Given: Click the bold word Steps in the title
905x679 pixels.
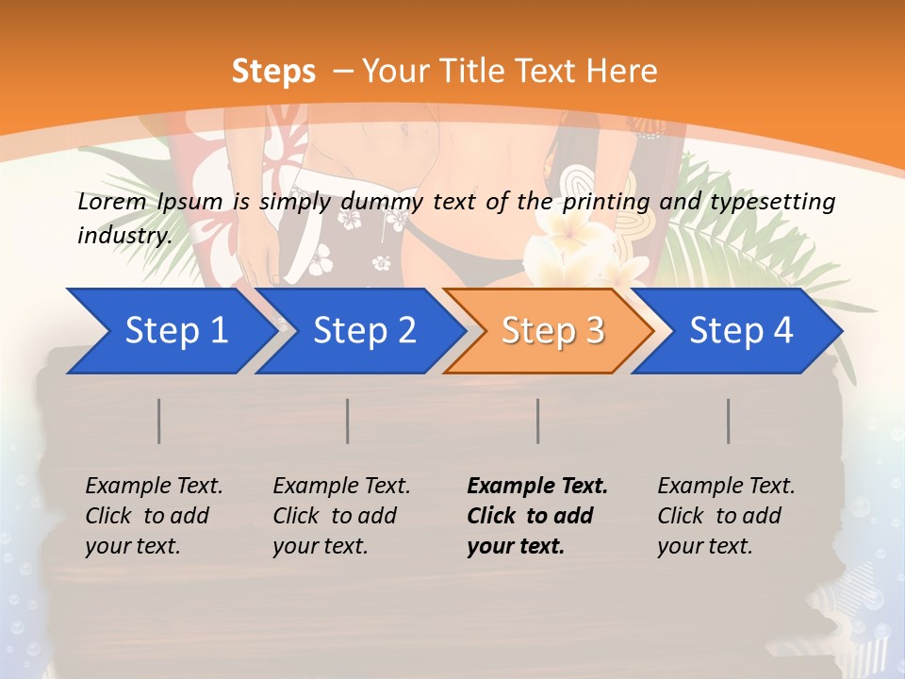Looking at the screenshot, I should point(273,71).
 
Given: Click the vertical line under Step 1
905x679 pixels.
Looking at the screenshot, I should point(159,421).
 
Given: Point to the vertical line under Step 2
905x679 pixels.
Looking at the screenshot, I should point(348,421).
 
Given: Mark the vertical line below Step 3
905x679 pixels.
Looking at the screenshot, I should point(538,421).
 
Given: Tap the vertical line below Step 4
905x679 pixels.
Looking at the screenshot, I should point(729,421).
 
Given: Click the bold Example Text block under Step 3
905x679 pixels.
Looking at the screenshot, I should point(537,516).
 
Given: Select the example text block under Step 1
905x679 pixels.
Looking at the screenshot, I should point(154,516).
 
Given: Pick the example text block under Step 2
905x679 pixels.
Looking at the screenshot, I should point(341,516).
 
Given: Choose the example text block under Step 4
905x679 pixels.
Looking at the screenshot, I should point(726,516).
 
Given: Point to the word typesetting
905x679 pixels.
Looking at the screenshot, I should point(774,202).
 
